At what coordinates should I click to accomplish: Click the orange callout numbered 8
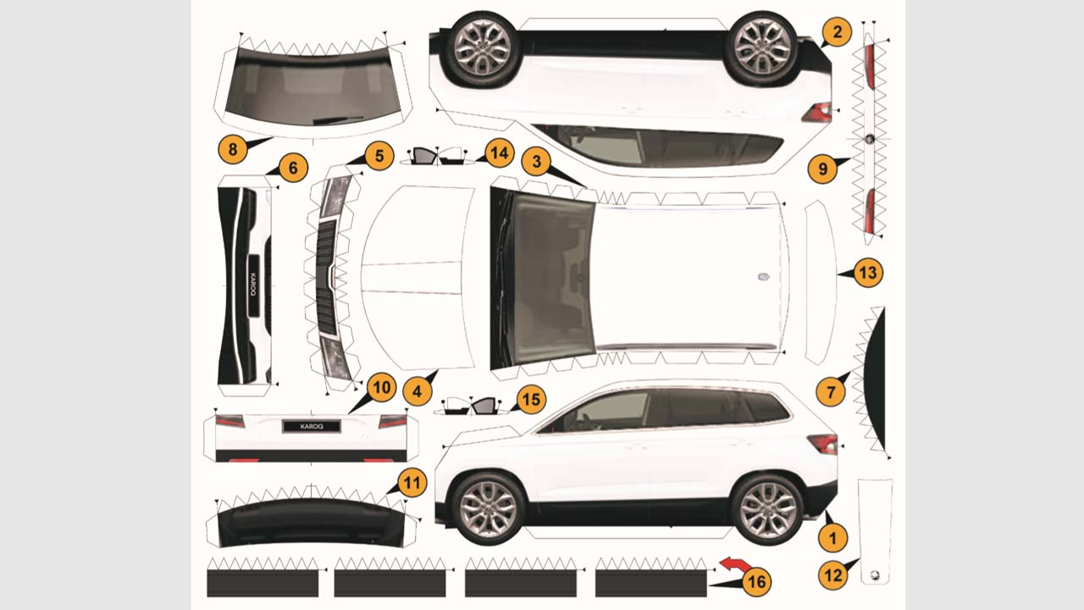tap(233, 149)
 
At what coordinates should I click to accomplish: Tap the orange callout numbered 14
tap(500, 153)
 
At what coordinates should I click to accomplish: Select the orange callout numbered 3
tap(536, 161)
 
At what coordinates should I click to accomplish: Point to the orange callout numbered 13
tap(868, 273)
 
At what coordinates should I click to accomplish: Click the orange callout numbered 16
tap(757, 581)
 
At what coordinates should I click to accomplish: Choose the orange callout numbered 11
tap(412, 483)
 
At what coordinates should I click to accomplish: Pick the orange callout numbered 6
tap(293, 168)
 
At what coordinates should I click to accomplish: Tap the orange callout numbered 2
tap(837, 32)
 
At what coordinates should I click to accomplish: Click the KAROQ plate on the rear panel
tap(312, 426)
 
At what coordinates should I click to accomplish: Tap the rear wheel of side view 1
tap(767, 508)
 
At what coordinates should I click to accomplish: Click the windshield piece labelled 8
tap(312, 87)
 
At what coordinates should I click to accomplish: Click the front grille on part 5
tap(326, 279)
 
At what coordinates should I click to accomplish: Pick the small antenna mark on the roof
tap(764, 277)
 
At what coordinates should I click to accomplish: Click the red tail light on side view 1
tap(822, 443)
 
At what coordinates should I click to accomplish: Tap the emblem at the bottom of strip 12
tap(875, 574)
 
